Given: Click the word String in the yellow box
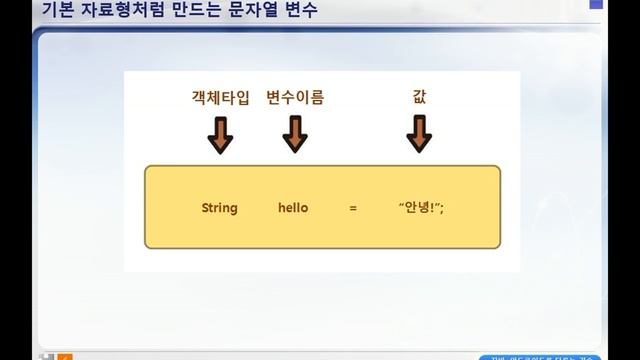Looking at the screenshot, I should pyautogui.click(x=219, y=208).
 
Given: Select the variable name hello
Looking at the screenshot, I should pyautogui.click(x=293, y=208).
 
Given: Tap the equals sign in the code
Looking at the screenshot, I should pyautogui.click(x=353, y=208).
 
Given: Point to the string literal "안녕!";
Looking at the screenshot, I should pyautogui.click(x=420, y=208).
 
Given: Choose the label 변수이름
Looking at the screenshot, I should pyautogui.click(x=295, y=98).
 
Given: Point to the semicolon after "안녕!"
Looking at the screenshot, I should pyautogui.click(x=441, y=208).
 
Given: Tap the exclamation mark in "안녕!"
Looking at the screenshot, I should pyautogui.click(x=430, y=208).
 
